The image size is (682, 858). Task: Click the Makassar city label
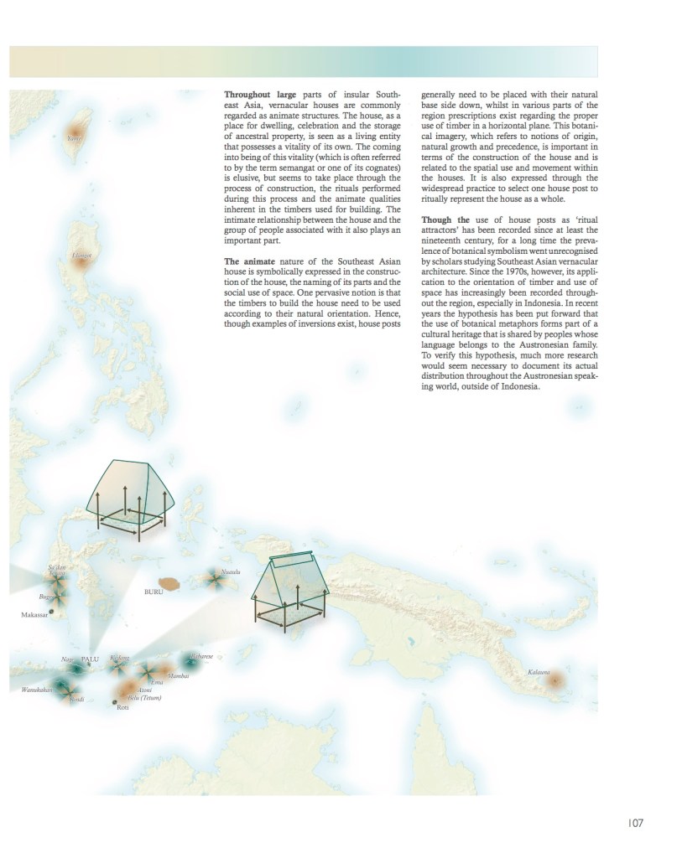click(34, 614)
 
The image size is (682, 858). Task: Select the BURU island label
click(153, 592)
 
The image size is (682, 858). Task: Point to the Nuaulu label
click(231, 572)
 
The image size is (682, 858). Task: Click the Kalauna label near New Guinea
click(539, 672)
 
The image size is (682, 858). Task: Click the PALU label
click(90, 659)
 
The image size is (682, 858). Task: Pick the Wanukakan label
click(37, 690)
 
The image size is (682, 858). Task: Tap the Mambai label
click(178, 675)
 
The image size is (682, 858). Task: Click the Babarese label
click(201, 656)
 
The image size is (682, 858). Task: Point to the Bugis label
click(46, 597)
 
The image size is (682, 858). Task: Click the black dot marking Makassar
click(52, 612)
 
